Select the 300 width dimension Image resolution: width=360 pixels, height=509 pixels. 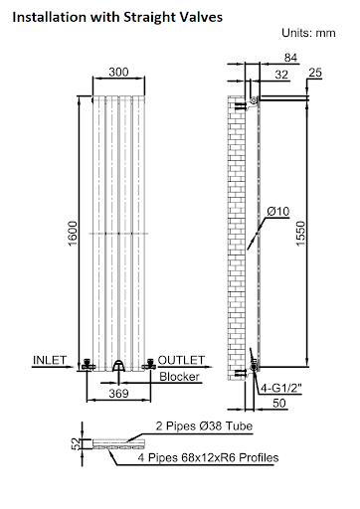coord(118,73)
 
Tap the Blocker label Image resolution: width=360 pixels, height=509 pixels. coord(180,377)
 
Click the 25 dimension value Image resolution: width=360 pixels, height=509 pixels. coord(316,74)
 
